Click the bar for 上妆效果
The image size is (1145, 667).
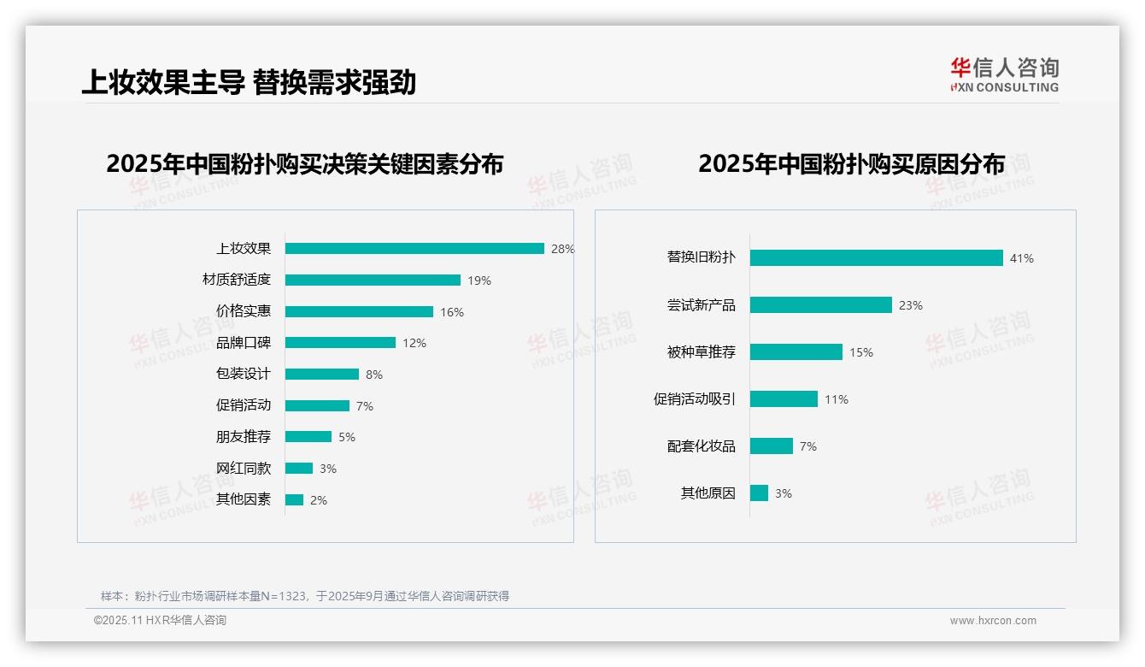click(x=414, y=249)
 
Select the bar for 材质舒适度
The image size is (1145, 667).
click(x=373, y=280)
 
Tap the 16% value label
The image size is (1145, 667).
click(x=452, y=312)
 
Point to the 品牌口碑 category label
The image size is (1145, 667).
click(x=244, y=343)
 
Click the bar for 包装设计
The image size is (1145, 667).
click(x=322, y=375)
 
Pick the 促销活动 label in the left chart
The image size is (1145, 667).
click(x=244, y=405)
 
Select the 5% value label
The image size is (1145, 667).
click(x=347, y=437)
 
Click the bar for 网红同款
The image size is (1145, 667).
click(x=299, y=469)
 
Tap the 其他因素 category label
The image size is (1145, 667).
click(x=244, y=499)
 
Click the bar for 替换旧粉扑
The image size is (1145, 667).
click(x=876, y=258)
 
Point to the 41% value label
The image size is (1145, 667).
click(x=1022, y=258)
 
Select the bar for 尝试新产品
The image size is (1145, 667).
click(x=820, y=305)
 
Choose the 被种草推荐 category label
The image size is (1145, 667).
click(x=702, y=352)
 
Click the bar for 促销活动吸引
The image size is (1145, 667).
click(x=784, y=399)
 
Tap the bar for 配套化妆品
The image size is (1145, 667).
click(x=772, y=446)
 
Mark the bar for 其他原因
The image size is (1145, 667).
click(x=759, y=493)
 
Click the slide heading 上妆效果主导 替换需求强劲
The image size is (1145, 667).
click(x=249, y=82)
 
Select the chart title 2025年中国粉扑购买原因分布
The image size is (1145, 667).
click(x=851, y=163)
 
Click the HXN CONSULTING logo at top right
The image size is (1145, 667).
click(x=1004, y=75)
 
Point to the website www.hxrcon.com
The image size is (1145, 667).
click(x=993, y=621)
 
